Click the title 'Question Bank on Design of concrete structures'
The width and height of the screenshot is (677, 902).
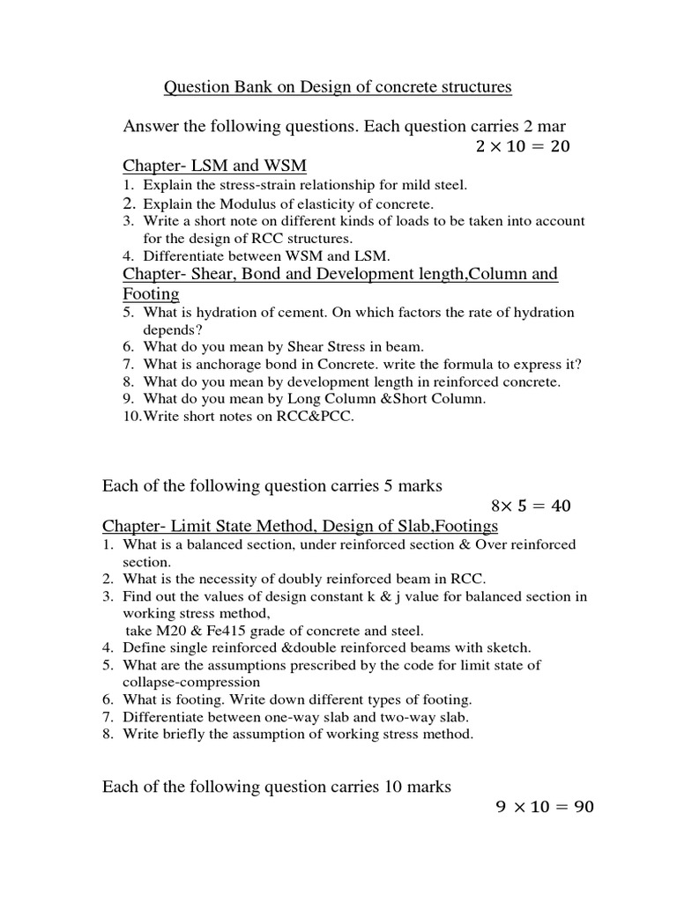[x=338, y=87]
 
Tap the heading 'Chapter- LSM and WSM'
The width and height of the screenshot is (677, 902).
[x=214, y=166]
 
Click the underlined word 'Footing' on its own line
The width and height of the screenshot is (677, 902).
[x=151, y=293]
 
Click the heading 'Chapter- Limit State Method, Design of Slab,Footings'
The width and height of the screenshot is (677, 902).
[x=300, y=526]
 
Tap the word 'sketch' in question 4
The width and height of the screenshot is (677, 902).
[x=508, y=647]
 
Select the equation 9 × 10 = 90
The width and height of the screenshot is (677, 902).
[x=542, y=806]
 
